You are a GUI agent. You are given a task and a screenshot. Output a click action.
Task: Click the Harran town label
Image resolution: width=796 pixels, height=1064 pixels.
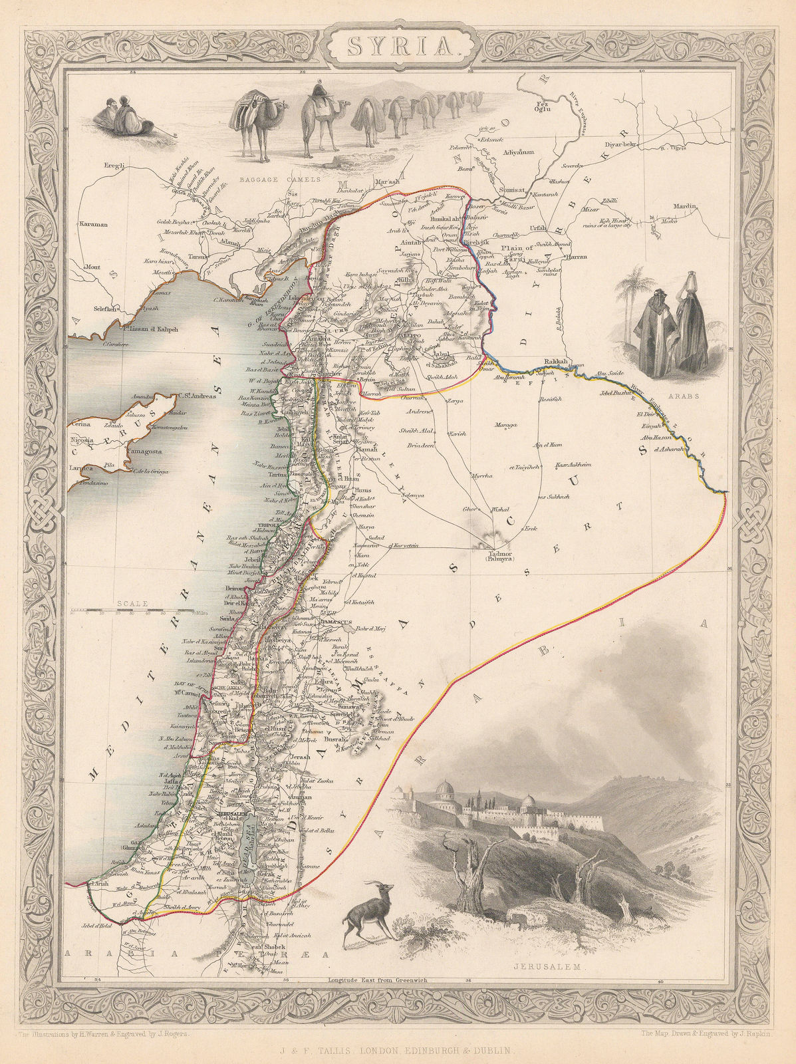coord(576,256)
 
